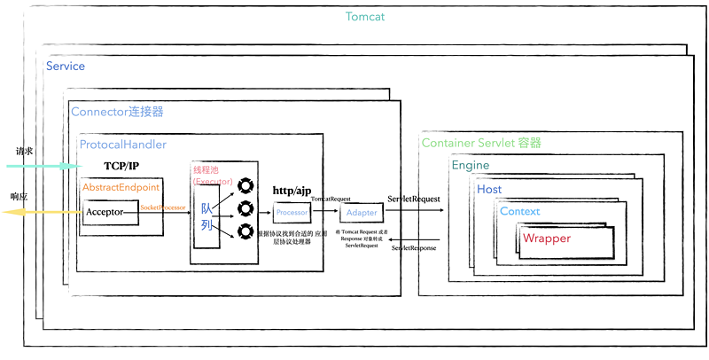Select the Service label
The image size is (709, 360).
click(x=66, y=67)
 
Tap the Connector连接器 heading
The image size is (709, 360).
click(x=117, y=113)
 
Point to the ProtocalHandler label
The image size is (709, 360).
click(x=123, y=145)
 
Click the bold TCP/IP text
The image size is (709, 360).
click(x=121, y=166)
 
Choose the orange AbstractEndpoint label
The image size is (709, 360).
click(x=121, y=188)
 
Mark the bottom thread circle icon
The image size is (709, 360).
click(x=242, y=232)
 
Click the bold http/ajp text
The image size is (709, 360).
click(x=292, y=192)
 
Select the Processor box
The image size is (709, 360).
click(x=292, y=213)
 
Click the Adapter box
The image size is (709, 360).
click(x=361, y=213)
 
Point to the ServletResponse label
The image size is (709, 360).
click(x=414, y=247)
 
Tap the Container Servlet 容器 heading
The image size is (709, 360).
click(x=481, y=143)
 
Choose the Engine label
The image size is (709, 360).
click(x=471, y=166)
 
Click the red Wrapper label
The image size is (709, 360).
click(x=547, y=239)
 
